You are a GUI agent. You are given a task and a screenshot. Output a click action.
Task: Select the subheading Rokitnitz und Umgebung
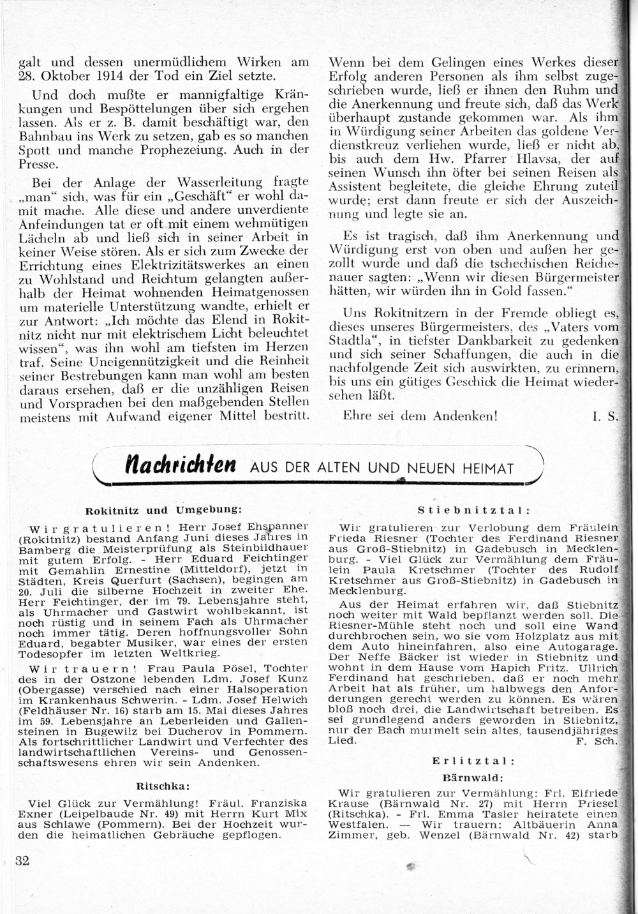(163, 510)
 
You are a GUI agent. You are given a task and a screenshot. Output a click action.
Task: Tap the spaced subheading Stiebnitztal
(473, 510)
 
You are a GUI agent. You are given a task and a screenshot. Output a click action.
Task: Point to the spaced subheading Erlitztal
(473, 761)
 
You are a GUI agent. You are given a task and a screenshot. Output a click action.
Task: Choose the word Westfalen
(360, 824)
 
